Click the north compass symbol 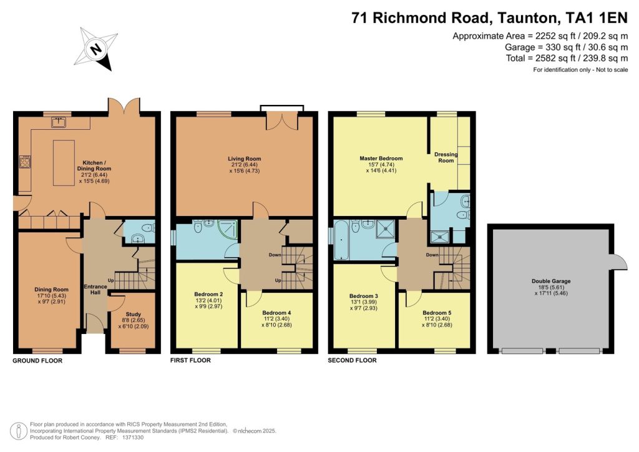[x=96, y=49]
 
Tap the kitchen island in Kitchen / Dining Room [x=64, y=163]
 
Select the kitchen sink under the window [x=61, y=122]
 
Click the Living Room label [x=244, y=159]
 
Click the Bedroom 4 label [x=276, y=312]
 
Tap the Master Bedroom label [x=381, y=159]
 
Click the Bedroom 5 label [x=437, y=312]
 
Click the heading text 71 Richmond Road [x=431, y=17]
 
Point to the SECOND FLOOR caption [x=352, y=360]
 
